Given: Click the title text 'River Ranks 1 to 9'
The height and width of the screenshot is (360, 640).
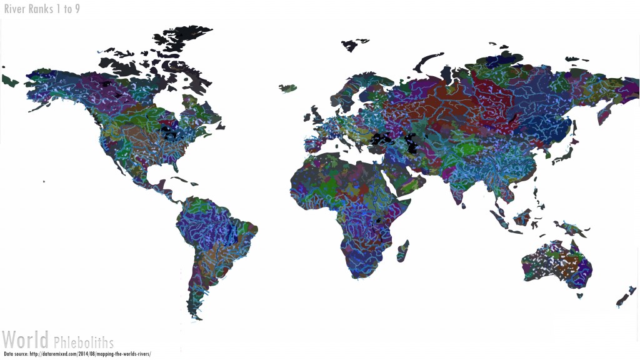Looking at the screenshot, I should pos(42,9).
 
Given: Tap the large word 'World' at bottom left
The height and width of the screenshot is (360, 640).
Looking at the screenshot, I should pos(26,341).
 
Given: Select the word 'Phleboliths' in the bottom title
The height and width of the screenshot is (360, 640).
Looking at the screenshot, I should pos(84,342).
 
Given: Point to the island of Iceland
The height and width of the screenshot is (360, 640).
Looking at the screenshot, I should pos(287,88).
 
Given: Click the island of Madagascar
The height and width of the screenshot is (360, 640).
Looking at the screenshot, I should pos(403,250).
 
